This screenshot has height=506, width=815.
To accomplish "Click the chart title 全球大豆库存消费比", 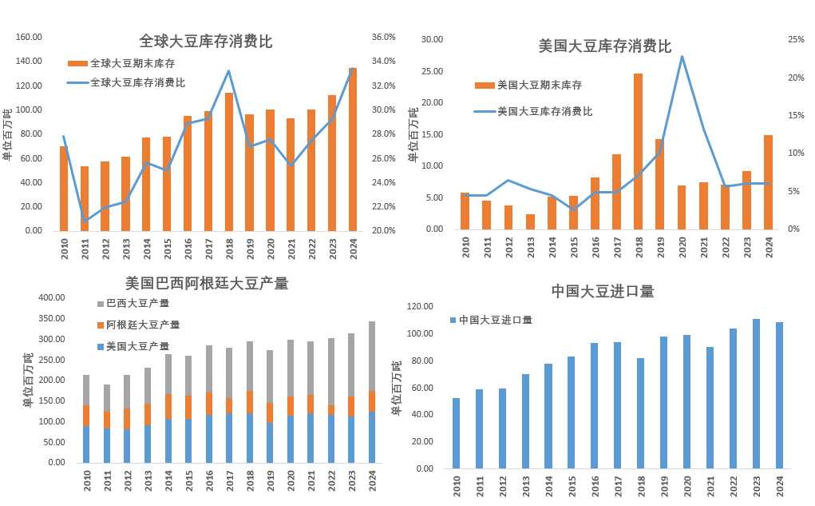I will [x=205, y=42].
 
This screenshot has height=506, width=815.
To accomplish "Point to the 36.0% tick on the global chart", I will [x=384, y=37].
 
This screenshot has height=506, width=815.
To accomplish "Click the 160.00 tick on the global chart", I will [x=29, y=37].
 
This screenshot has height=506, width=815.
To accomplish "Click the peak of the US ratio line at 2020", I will [x=682, y=56].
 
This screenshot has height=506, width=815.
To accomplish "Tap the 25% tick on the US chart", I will [x=795, y=39].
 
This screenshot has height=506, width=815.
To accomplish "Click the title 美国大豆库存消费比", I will [x=604, y=46].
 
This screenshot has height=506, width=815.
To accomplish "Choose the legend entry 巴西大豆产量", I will [x=137, y=304].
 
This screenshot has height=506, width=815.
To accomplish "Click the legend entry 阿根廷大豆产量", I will [x=143, y=325].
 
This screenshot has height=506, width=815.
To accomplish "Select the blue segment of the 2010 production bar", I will [x=86, y=444].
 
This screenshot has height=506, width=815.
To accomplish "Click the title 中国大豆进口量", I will [x=603, y=292].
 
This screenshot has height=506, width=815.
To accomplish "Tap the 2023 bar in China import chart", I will [x=756, y=394].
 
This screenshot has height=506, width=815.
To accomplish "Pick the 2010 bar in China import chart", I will [x=456, y=433].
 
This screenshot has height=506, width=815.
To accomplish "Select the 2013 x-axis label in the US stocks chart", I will [x=530, y=248].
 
